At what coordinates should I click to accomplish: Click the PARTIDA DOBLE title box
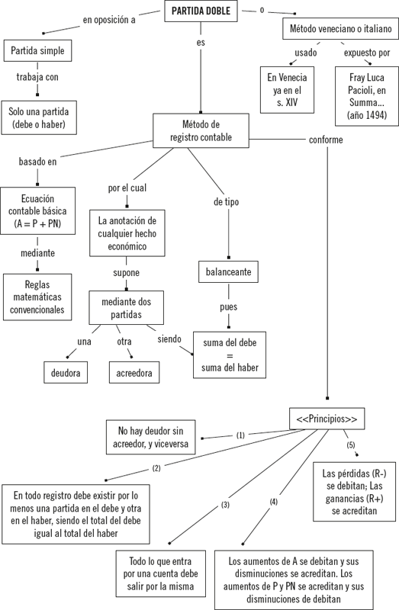coord(201,11)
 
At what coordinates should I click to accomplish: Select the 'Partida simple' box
coord(37,50)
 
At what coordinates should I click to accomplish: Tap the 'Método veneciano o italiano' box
coord(340,28)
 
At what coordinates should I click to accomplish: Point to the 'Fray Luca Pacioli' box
coord(367,96)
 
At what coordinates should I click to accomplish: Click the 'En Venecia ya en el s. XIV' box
coord(287,90)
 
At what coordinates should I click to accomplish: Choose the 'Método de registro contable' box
coord(201,130)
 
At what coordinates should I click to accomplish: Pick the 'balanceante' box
coord(229,271)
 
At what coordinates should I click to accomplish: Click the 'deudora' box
coord(66,372)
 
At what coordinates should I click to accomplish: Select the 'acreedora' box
coord(134,372)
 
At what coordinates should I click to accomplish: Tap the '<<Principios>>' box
coord(327,419)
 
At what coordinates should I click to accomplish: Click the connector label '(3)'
coord(225,505)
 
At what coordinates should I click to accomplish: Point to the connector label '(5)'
coord(351,445)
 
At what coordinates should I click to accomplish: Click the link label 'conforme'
coord(326,140)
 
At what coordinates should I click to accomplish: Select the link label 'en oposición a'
coord(109,20)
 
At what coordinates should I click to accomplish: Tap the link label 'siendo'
coord(169,339)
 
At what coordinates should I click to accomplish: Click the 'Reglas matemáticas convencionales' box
coord(37,297)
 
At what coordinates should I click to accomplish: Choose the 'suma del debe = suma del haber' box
coord(230,355)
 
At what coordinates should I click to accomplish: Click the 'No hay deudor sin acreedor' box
coord(150,437)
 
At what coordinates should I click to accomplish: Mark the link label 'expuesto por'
coord(367,53)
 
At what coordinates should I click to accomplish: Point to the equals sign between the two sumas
coord(230,355)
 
